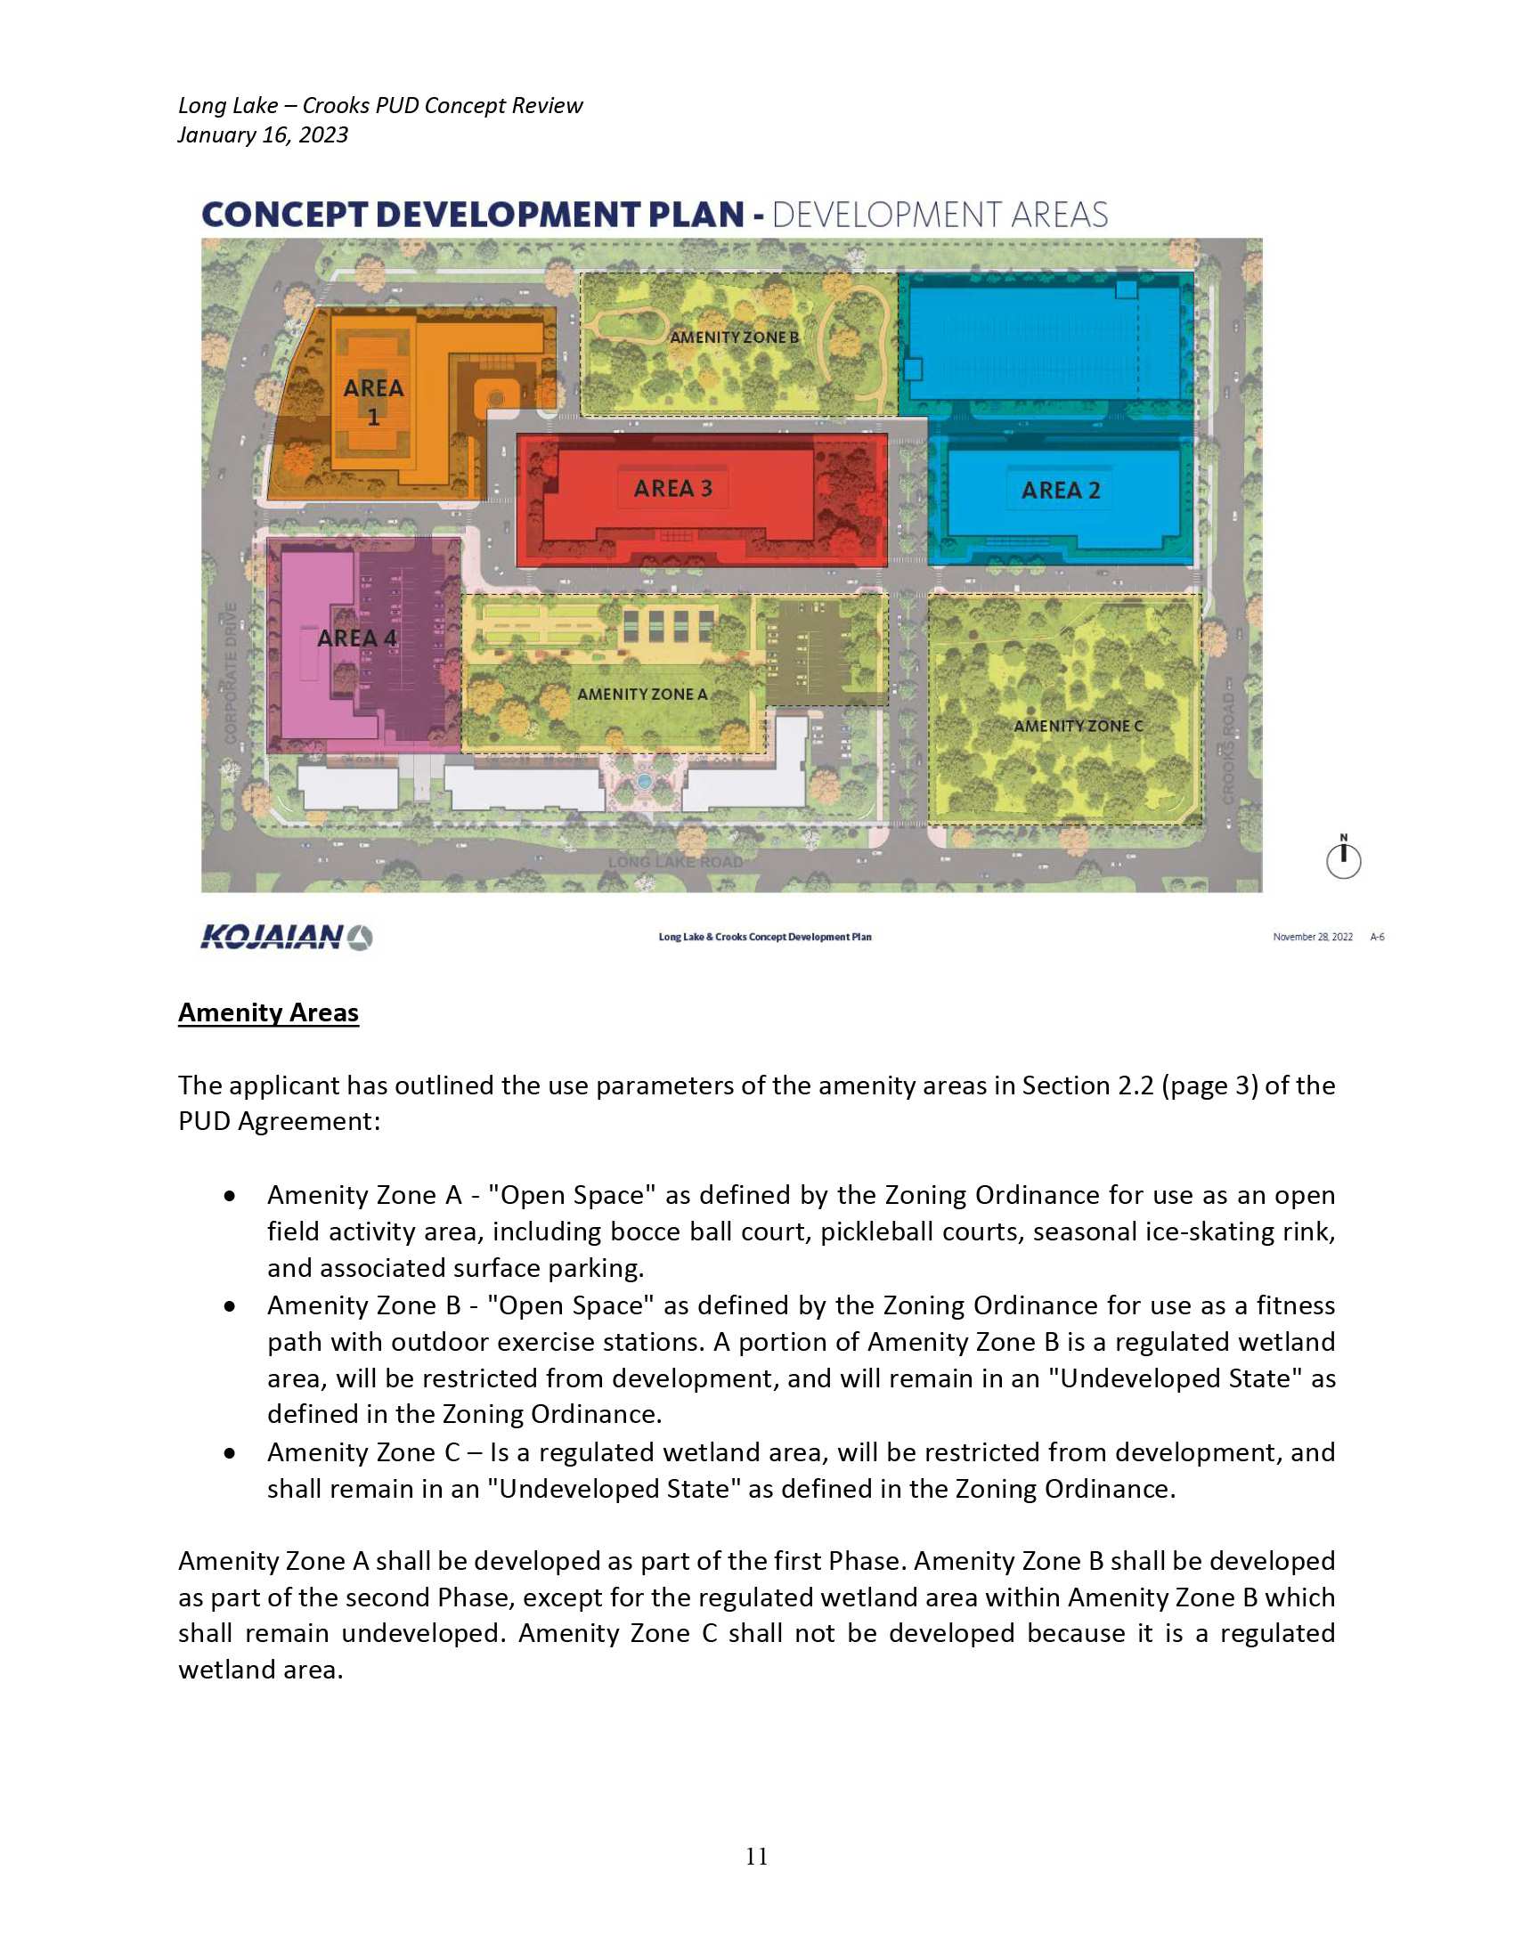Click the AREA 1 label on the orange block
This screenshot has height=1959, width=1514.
(x=373, y=401)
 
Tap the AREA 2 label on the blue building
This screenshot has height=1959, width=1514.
(x=1060, y=490)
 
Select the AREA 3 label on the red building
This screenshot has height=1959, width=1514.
(x=672, y=488)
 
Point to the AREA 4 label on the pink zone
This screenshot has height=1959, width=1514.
(x=356, y=638)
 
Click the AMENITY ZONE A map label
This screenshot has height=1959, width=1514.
(x=642, y=694)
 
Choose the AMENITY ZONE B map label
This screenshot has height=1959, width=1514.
(x=734, y=337)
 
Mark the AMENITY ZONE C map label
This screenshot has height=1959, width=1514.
(x=1079, y=726)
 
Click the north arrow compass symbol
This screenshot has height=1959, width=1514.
(x=1343, y=858)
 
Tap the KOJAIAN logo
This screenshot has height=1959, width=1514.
(x=286, y=938)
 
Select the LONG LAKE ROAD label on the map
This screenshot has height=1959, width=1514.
(x=675, y=862)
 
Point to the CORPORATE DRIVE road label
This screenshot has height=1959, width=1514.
(x=231, y=672)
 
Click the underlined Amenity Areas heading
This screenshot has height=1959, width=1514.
(x=268, y=1012)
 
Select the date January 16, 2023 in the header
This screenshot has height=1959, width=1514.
(x=263, y=134)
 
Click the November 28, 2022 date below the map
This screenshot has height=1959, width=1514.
(x=1312, y=938)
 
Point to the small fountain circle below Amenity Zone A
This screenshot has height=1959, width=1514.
(x=643, y=781)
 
